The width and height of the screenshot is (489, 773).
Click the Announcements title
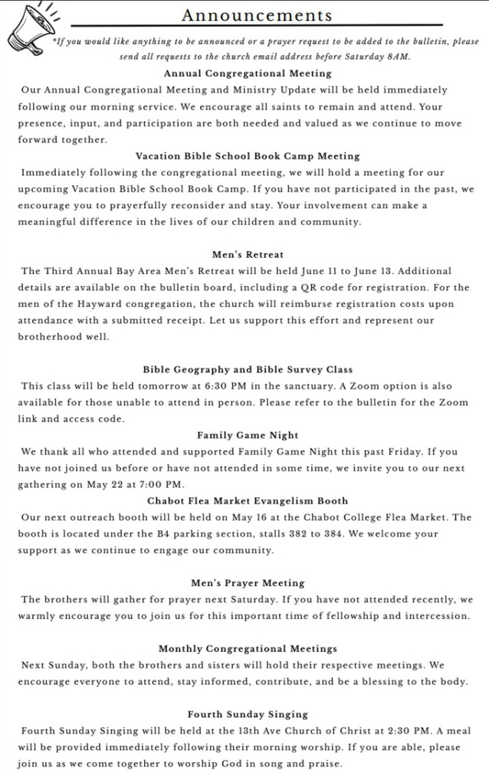click(258, 15)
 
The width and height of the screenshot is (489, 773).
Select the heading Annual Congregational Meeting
click(247, 73)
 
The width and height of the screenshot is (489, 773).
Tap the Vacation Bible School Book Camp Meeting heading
click(247, 156)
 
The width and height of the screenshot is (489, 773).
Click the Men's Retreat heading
click(247, 254)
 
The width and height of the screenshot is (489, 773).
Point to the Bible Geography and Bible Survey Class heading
click(247, 370)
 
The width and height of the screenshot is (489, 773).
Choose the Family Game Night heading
click(247, 435)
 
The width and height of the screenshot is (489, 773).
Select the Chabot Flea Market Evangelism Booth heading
click(247, 501)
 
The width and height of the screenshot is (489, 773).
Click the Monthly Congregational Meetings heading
click(247, 649)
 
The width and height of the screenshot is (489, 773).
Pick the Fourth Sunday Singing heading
click(247, 714)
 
